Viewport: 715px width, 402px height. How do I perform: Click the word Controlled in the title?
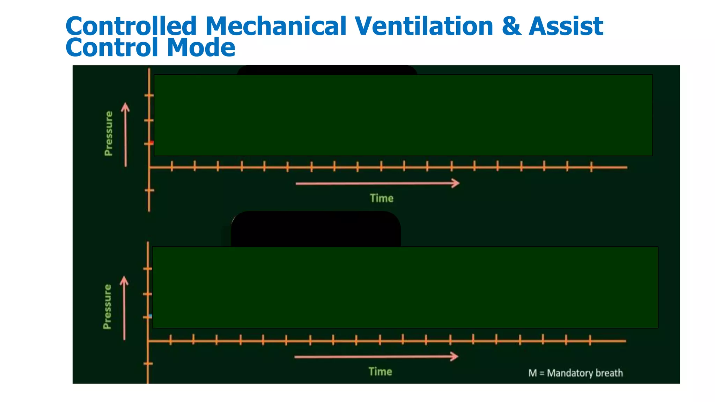pyautogui.click(x=131, y=27)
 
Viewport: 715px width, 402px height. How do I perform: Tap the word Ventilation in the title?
pyautogui.click(x=424, y=27)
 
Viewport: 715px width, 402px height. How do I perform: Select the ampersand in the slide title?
pyautogui.click(x=511, y=27)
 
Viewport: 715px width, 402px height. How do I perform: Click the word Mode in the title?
pyautogui.click(x=201, y=48)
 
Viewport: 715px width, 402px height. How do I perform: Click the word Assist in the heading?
pyautogui.click(x=566, y=27)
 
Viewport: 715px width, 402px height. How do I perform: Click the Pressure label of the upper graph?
pyautogui.click(x=109, y=134)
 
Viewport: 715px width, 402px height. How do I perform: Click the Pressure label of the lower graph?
pyautogui.click(x=107, y=307)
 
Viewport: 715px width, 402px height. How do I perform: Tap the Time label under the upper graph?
pyautogui.click(x=382, y=198)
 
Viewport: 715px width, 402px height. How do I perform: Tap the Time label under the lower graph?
pyautogui.click(x=380, y=372)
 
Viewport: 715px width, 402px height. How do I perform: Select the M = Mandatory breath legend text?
pyautogui.click(x=575, y=373)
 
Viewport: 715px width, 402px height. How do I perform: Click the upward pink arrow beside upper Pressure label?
pyautogui.click(x=126, y=134)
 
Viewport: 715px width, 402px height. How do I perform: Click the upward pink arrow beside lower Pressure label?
pyautogui.click(x=124, y=308)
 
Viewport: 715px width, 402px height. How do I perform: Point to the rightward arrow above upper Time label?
pyautogui.click(x=377, y=183)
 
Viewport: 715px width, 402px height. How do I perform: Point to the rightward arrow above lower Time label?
pyautogui.click(x=376, y=357)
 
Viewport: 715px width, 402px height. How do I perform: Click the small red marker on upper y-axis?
pyautogui.click(x=152, y=143)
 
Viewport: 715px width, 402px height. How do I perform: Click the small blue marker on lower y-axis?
pyautogui.click(x=150, y=316)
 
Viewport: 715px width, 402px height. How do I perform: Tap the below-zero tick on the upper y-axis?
pyautogui.click(x=149, y=191)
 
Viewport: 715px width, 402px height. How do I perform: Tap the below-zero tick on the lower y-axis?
pyautogui.click(x=148, y=364)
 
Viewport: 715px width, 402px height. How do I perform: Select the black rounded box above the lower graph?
pyautogui.click(x=316, y=229)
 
